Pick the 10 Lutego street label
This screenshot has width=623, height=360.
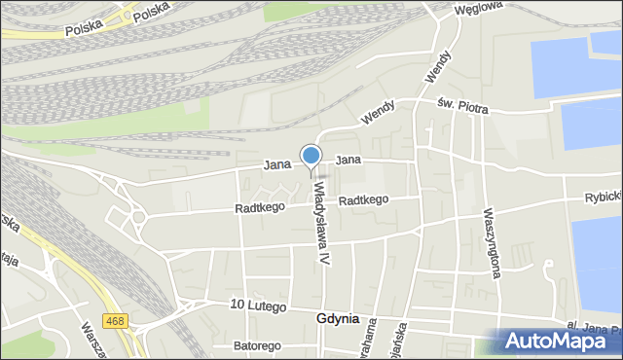(258, 306)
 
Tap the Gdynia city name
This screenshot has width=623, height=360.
(338, 319)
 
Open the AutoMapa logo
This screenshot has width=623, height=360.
(559, 341)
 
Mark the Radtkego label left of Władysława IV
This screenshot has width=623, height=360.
(259, 208)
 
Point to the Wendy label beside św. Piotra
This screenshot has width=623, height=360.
(380, 114)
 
